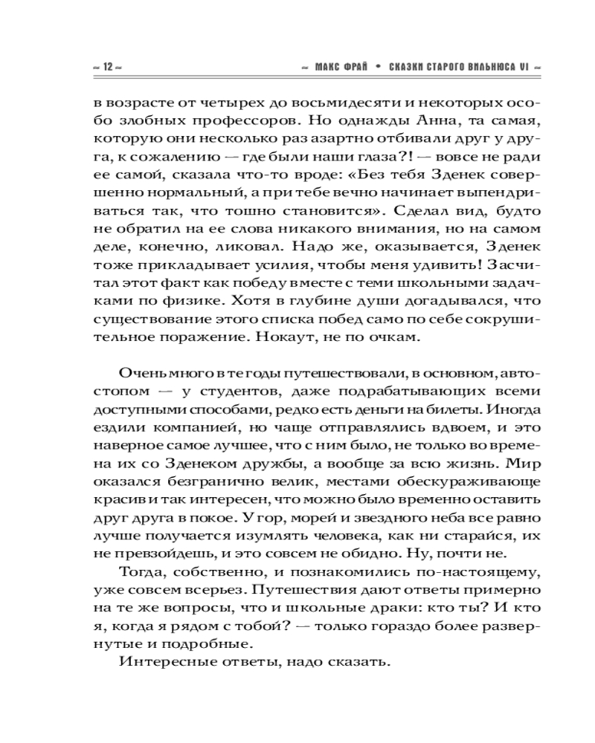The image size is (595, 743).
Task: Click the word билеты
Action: click(447, 409)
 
